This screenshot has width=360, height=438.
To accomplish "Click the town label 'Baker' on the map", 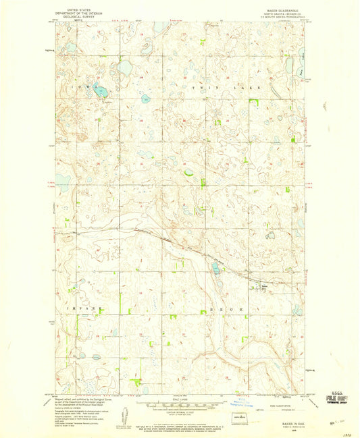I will (x=264, y=284).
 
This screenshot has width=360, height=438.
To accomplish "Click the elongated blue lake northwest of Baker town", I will (x=215, y=269).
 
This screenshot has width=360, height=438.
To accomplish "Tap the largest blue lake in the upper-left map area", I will (x=124, y=67).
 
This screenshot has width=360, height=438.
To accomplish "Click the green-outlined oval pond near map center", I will (x=188, y=172).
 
